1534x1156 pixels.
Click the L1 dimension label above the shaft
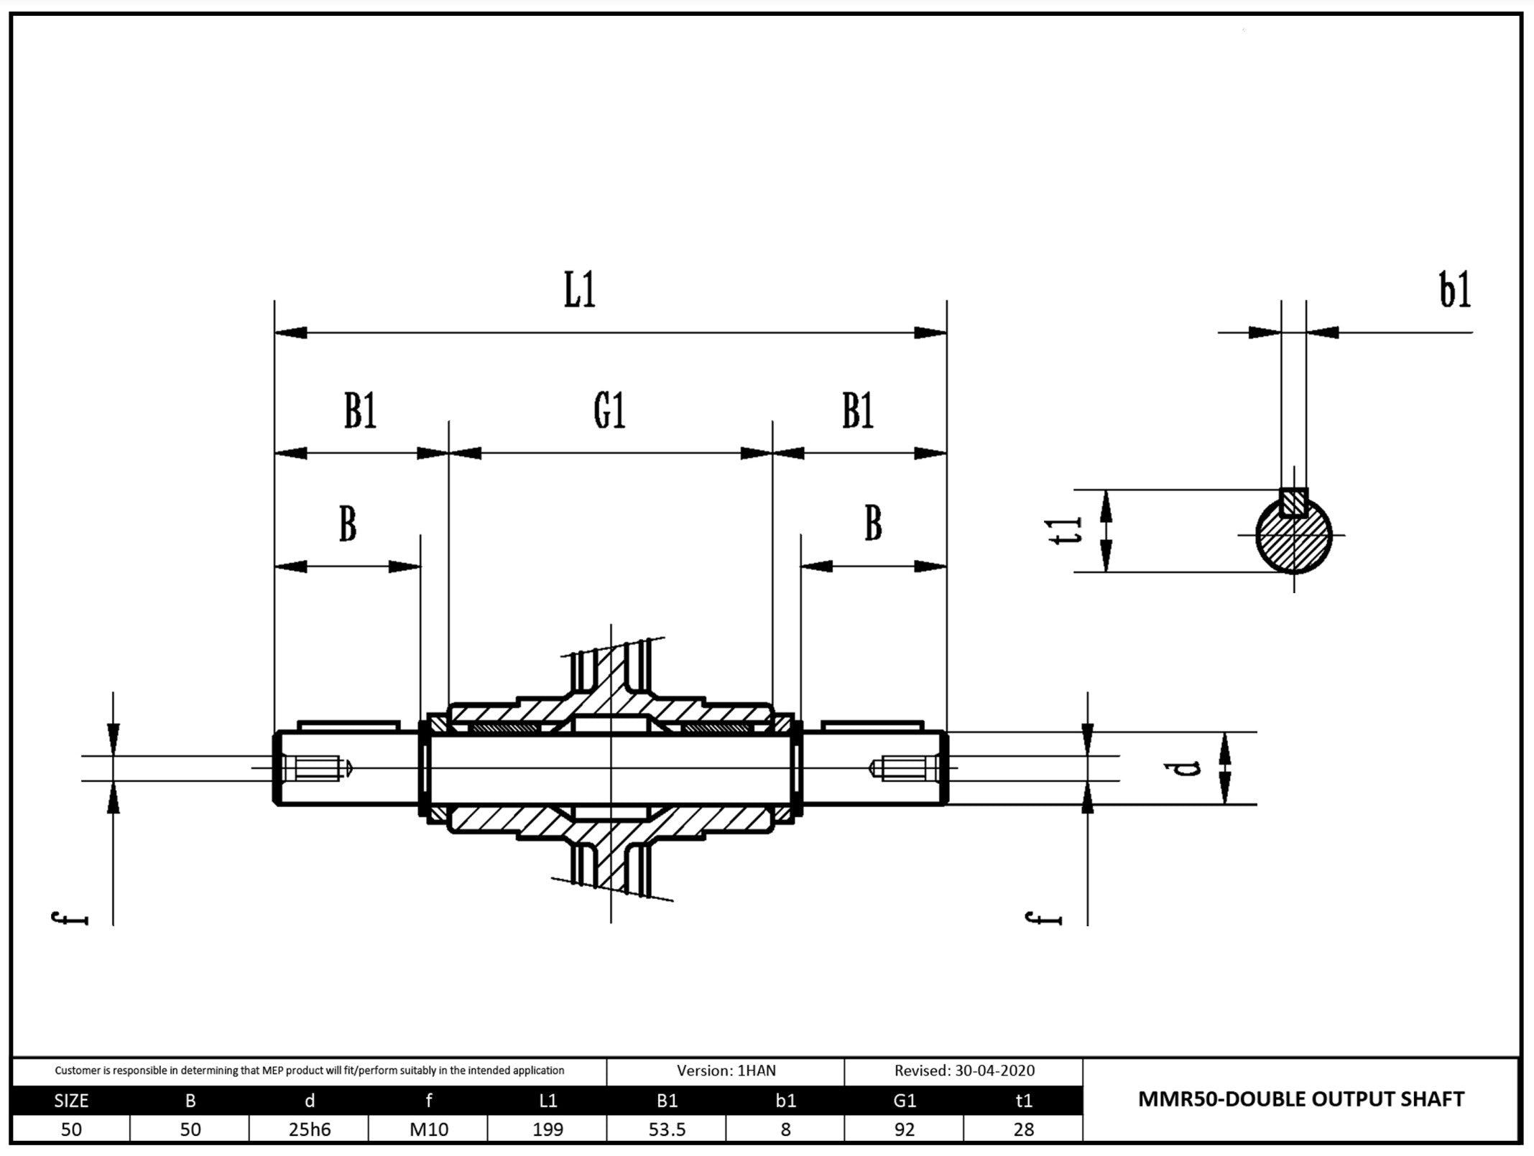pyautogui.click(x=579, y=291)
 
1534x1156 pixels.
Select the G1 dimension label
pyautogui.click(x=609, y=411)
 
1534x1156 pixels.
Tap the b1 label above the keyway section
pyautogui.click(x=1454, y=291)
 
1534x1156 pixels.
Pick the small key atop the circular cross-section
pyautogui.click(x=1293, y=503)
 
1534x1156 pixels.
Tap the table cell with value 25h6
pyautogui.click(x=309, y=1129)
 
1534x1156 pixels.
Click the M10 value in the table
pyautogui.click(x=428, y=1129)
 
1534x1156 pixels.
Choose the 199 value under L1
pyautogui.click(x=547, y=1129)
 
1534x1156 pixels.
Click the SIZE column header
pyautogui.click(x=71, y=1100)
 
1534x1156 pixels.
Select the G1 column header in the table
pyautogui.click(x=904, y=1100)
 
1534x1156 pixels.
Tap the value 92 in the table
pyautogui.click(x=904, y=1129)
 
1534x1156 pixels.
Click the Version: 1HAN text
pyautogui.click(x=726, y=1071)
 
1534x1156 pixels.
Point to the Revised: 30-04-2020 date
pyautogui.click(x=964, y=1071)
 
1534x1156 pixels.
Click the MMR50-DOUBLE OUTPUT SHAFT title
pyautogui.click(x=1300, y=1099)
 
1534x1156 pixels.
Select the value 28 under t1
pyautogui.click(x=1023, y=1129)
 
